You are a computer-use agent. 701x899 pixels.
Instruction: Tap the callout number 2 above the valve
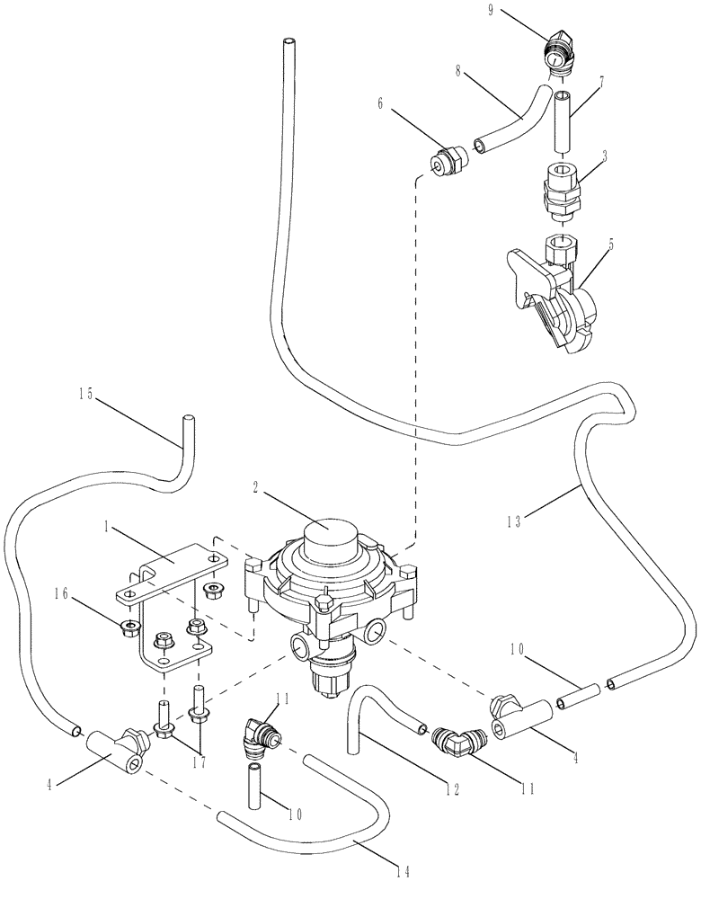click(256, 487)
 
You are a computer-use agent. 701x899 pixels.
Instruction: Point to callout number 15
click(87, 393)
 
